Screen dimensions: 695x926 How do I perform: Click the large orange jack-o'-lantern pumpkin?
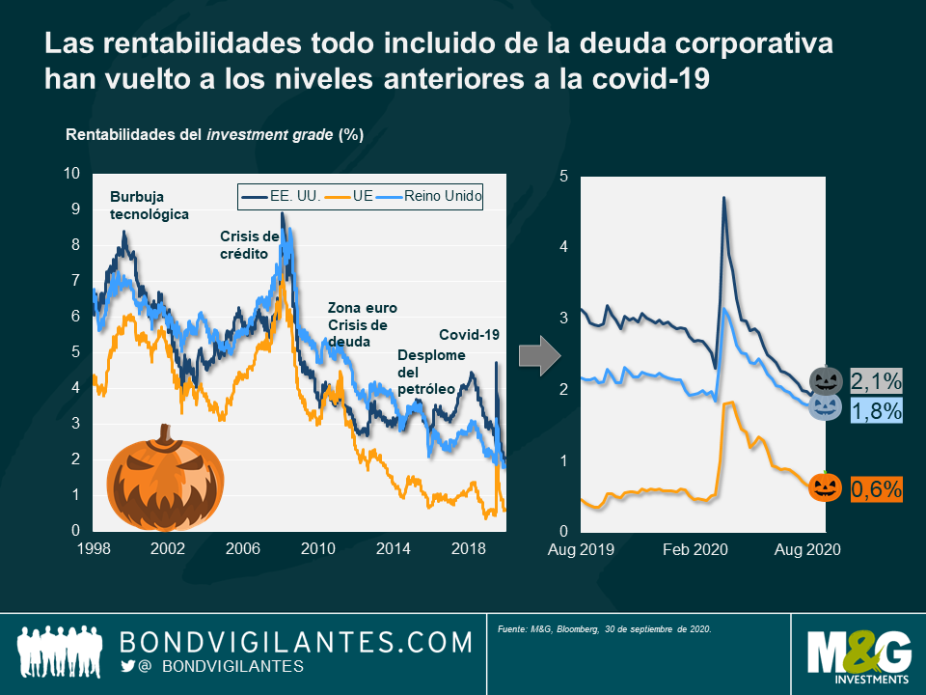tap(165, 478)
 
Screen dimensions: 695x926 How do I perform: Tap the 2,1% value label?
tap(875, 378)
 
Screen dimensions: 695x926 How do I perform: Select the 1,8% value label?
tap(876, 411)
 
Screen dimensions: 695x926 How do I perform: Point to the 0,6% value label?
tap(875, 489)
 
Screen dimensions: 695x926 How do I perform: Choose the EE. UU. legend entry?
tap(279, 196)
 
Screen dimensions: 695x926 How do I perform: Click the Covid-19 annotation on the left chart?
tap(470, 335)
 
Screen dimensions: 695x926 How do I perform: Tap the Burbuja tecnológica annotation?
tap(149, 206)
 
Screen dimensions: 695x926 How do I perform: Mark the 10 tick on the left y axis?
tap(70, 174)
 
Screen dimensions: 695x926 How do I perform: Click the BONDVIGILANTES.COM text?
tap(296, 641)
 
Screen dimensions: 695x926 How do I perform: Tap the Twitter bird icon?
tap(128, 666)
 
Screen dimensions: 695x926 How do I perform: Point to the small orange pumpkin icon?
tap(826, 487)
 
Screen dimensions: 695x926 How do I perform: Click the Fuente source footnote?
tap(605, 629)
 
